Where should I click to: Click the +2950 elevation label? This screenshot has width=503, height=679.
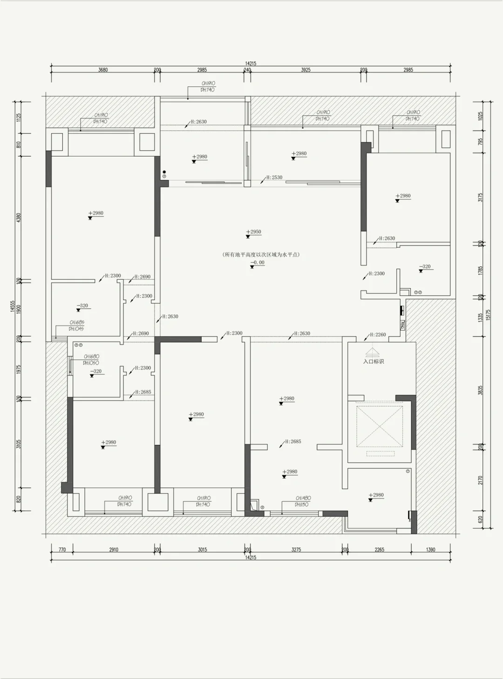(x=255, y=232)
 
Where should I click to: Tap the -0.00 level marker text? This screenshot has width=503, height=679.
(x=257, y=263)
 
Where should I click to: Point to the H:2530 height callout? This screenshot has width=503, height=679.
(x=274, y=178)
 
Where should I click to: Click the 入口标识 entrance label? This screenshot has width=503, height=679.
(x=374, y=361)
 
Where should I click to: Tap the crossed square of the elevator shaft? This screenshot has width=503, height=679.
(x=380, y=426)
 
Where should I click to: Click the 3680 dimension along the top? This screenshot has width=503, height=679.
(x=103, y=70)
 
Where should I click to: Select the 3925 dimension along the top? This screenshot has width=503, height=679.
(x=306, y=70)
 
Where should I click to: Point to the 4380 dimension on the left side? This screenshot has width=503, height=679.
(x=19, y=218)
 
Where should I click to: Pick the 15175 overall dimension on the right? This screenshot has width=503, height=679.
(x=488, y=315)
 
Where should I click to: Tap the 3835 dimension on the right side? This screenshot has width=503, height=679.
(x=481, y=390)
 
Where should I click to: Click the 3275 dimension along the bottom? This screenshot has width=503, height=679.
(x=296, y=549)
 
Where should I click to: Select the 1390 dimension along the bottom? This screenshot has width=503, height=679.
(x=430, y=549)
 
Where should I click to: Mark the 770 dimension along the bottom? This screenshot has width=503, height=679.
(x=62, y=549)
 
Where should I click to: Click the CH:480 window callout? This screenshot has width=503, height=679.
(x=303, y=499)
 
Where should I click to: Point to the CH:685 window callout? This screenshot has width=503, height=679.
(x=77, y=323)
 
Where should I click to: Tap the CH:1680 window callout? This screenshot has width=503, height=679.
(x=91, y=357)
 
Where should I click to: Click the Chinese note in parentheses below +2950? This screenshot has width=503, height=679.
(x=261, y=255)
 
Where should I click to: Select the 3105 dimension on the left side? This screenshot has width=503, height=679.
(x=19, y=443)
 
